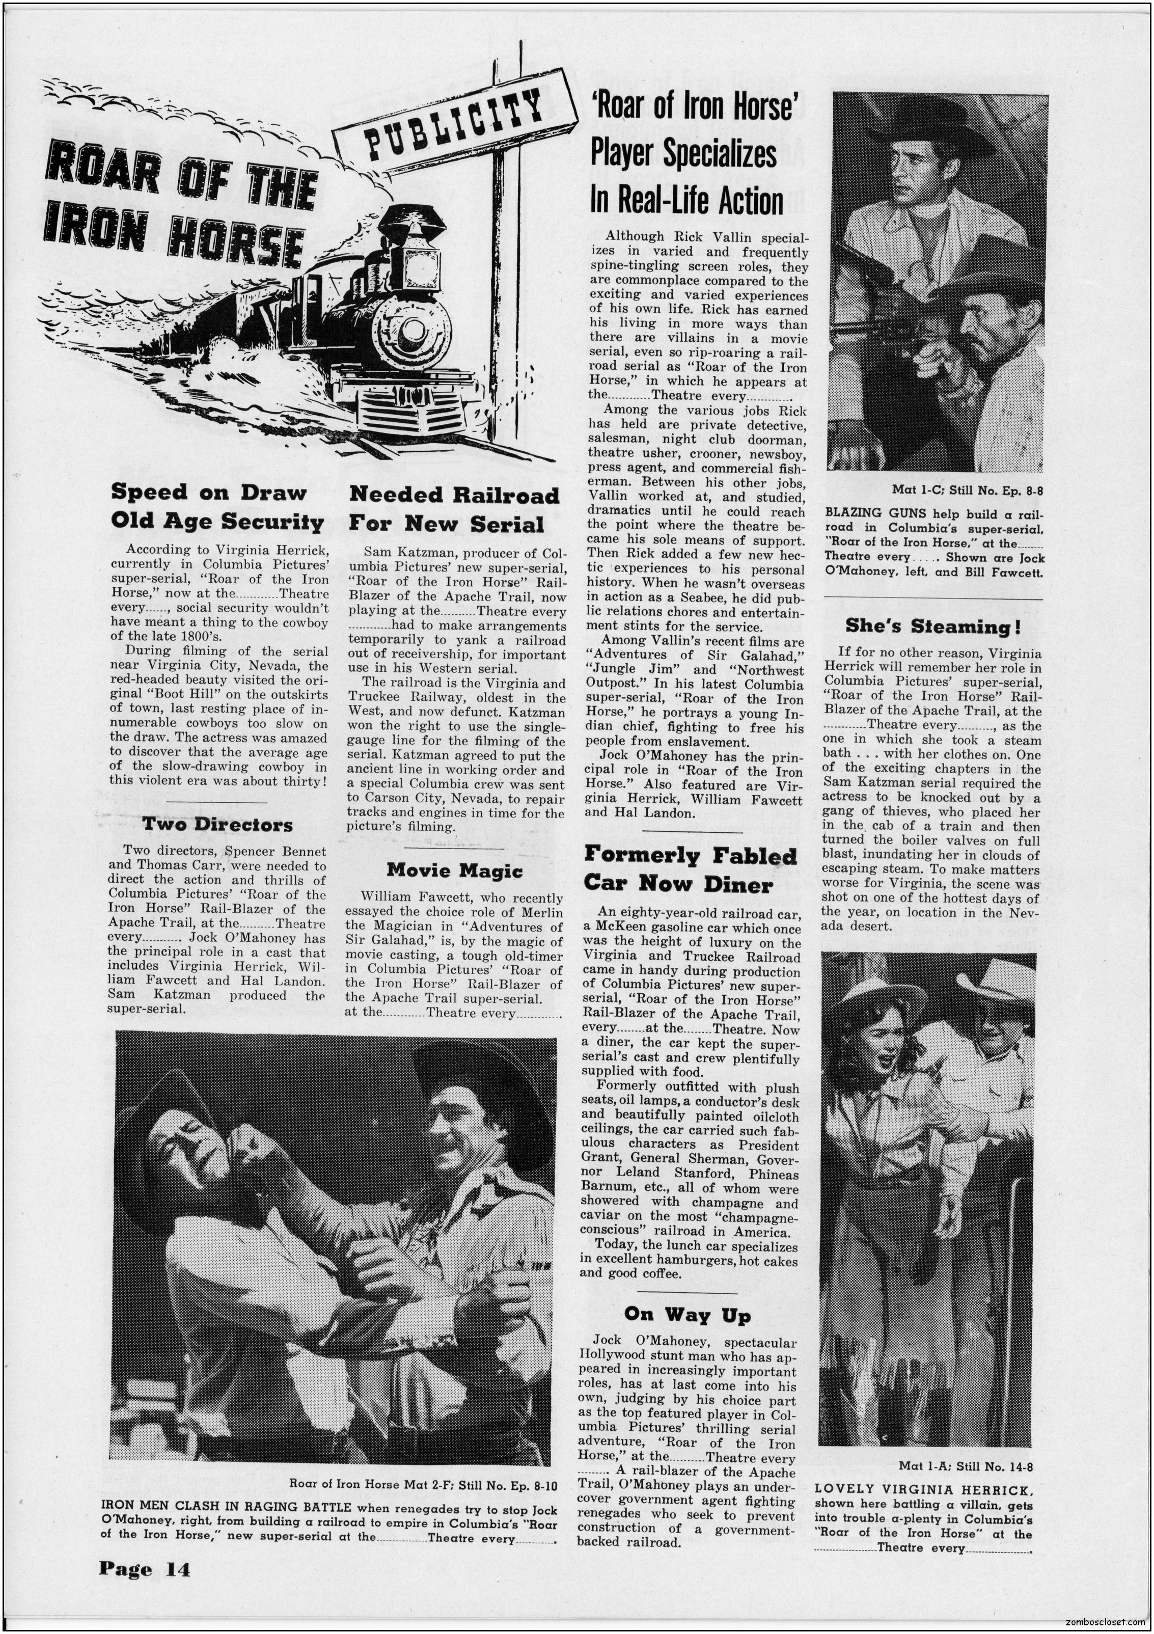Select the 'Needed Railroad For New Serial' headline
[x=453, y=509]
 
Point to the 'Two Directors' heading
[x=217, y=825]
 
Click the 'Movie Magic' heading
[x=454, y=870]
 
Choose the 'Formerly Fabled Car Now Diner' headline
[x=690, y=869]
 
